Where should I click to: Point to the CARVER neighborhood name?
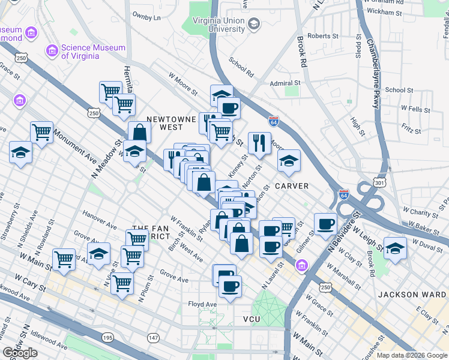click(292, 186)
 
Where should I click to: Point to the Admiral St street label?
click(285, 83)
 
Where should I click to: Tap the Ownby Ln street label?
click(147, 17)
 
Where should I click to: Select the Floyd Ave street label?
click(202, 305)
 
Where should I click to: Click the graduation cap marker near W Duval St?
click(395, 248)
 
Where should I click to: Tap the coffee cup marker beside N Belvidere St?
click(325, 224)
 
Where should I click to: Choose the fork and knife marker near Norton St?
click(259, 142)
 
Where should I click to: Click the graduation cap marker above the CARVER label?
click(289, 160)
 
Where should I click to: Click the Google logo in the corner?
click(20, 353)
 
